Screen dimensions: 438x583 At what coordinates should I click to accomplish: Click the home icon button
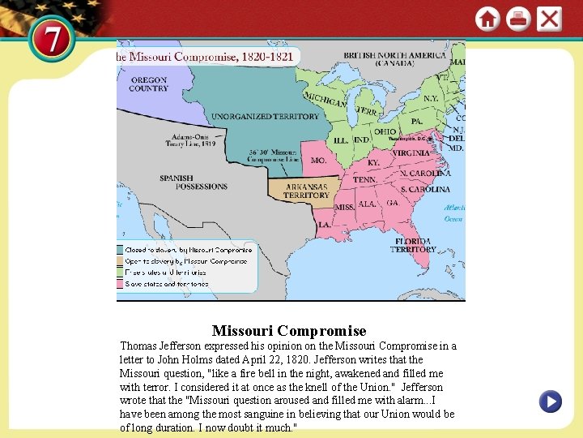pyautogui.click(x=487, y=19)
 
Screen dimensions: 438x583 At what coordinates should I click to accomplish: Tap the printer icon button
pyautogui.click(x=518, y=19)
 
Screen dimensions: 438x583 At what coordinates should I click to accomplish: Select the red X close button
pyautogui.click(x=549, y=19)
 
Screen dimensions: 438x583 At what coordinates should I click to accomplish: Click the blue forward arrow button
pyautogui.click(x=550, y=401)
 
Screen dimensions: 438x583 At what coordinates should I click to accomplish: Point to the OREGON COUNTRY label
pyautogui.click(x=148, y=84)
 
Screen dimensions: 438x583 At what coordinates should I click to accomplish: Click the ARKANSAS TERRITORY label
pyautogui.click(x=306, y=191)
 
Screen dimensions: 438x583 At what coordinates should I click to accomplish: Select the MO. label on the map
pyautogui.click(x=319, y=161)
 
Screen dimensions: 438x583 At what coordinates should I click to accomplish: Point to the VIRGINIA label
pyautogui.click(x=411, y=152)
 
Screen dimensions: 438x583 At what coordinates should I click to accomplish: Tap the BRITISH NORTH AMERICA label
pyautogui.click(x=394, y=59)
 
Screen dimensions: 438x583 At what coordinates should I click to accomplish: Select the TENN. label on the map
pyautogui.click(x=364, y=180)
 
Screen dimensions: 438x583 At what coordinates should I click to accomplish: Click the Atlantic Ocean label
pyautogui.click(x=453, y=213)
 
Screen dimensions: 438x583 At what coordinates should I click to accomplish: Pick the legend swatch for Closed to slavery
pyautogui.click(x=119, y=250)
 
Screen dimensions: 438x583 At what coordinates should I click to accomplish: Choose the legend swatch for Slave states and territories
pyautogui.click(x=119, y=284)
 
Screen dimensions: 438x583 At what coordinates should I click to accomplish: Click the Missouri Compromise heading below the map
pyautogui.click(x=289, y=331)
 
